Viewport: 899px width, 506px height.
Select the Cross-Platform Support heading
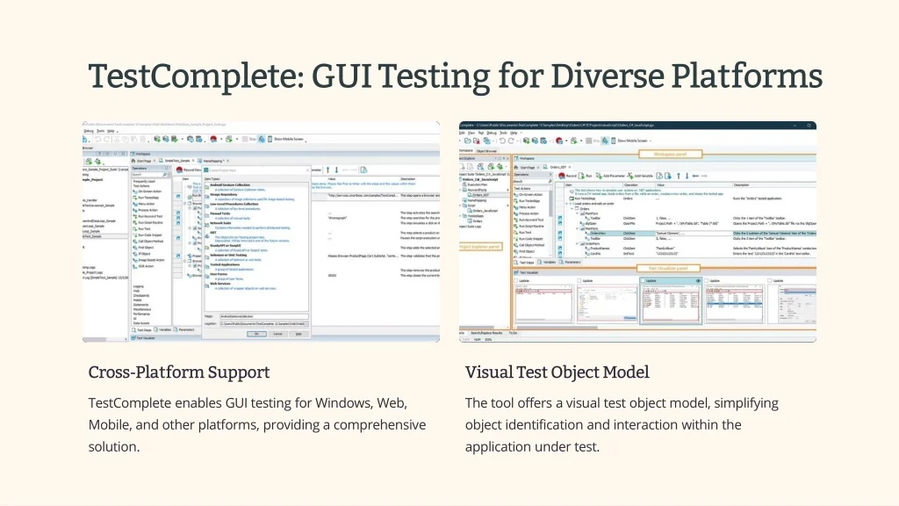click(x=179, y=372)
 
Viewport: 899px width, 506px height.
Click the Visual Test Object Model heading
click(x=557, y=372)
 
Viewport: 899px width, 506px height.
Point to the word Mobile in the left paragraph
click(x=110, y=425)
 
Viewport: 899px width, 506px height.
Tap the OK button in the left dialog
click(x=256, y=333)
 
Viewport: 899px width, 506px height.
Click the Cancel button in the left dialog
click(x=277, y=333)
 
